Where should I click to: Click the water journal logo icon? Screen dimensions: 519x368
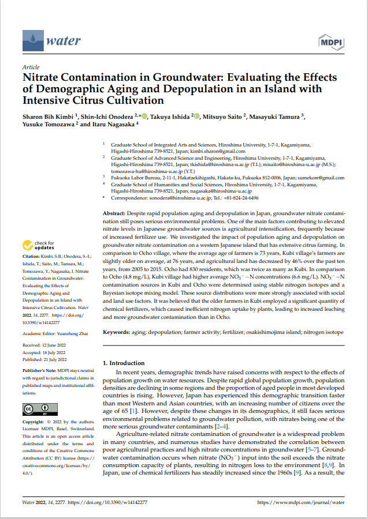pyautogui.click(x=33, y=40)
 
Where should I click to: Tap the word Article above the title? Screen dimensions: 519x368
pyautogui.click(x=30, y=67)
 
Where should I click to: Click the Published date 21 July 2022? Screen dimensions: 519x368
pyautogui.click(x=61, y=357)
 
